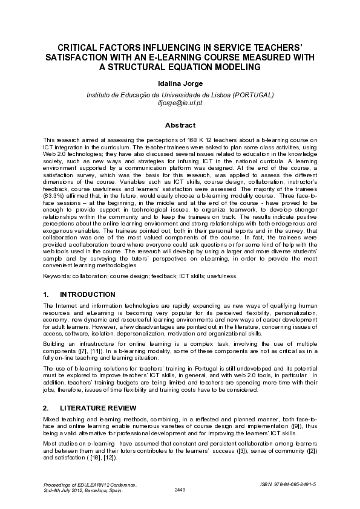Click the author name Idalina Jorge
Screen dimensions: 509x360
coord(180,83)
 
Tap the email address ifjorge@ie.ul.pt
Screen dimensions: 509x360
coord(180,103)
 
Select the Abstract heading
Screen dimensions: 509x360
coord(180,125)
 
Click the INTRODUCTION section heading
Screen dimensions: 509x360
coord(87,294)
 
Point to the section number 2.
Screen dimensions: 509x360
coord(47,408)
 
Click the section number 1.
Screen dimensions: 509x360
coord(47,294)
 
